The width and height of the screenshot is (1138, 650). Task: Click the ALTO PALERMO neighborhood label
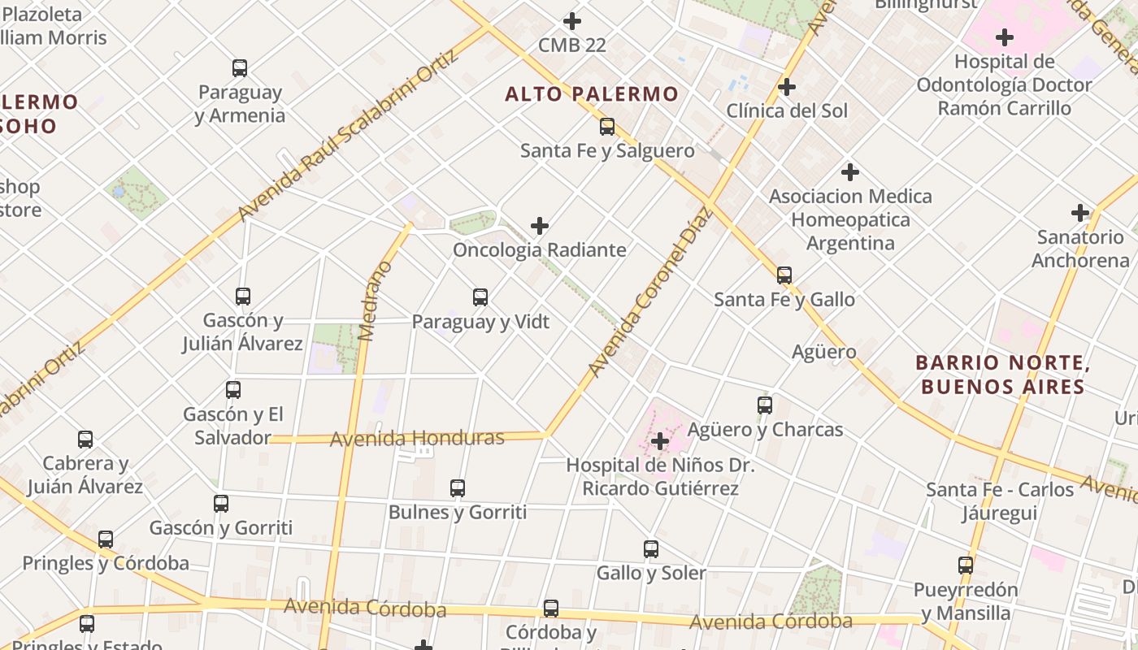(x=591, y=94)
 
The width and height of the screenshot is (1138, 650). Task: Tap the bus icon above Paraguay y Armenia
(x=240, y=68)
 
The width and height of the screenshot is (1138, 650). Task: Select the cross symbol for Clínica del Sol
(x=786, y=87)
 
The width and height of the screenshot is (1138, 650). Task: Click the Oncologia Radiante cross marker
(x=539, y=226)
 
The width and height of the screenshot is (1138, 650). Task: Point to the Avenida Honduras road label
(x=417, y=439)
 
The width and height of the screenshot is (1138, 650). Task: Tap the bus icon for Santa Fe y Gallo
(x=784, y=275)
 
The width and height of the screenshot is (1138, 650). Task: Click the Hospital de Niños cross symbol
(x=660, y=441)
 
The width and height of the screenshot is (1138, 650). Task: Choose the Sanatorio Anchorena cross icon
(x=1079, y=213)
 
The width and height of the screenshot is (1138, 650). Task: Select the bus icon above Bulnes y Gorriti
(x=458, y=488)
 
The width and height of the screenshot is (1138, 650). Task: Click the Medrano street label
(x=375, y=301)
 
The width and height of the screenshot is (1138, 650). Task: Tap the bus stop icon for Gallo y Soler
(x=651, y=549)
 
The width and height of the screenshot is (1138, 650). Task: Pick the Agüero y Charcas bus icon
(x=765, y=405)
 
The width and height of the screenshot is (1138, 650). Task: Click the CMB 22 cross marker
(x=572, y=21)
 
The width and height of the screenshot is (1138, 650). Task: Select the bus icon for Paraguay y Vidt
(x=480, y=297)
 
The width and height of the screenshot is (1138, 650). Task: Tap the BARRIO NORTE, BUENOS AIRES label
(x=1002, y=375)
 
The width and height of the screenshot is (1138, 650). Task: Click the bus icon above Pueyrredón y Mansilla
(x=966, y=565)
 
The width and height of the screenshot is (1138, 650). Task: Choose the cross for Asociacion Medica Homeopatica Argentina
(x=850, y=172)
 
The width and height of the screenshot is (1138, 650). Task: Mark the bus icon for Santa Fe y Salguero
(x=607, y=127)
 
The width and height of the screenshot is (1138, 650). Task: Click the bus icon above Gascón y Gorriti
(x=221, y=504)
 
